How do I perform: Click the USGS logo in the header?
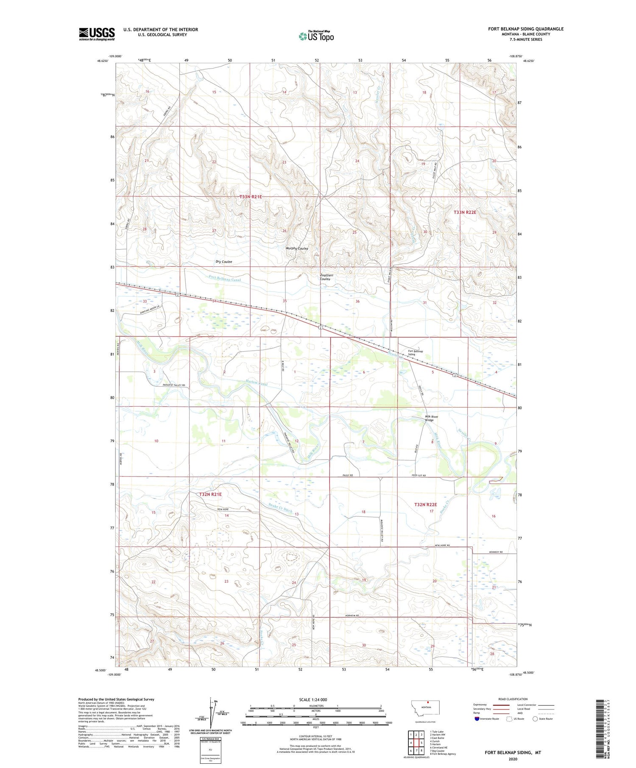click(97, 34)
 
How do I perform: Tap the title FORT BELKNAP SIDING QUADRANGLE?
click(525, 29)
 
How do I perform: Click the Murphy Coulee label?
click(297, 249)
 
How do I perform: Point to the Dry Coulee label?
click(223, 262)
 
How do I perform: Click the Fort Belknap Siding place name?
click(415, 352)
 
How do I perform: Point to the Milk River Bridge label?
click(432, 418)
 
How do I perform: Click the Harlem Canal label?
click(257, 384)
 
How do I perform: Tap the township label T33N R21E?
click(251, 197)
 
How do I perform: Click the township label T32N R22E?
click(425, 505)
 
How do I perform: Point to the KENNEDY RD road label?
click(495, 552)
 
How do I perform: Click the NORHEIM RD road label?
click(351, 616)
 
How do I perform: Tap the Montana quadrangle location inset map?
click(426, 707)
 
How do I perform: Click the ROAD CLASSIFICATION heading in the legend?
click(513, 699)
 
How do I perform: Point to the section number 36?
click(357, 301)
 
